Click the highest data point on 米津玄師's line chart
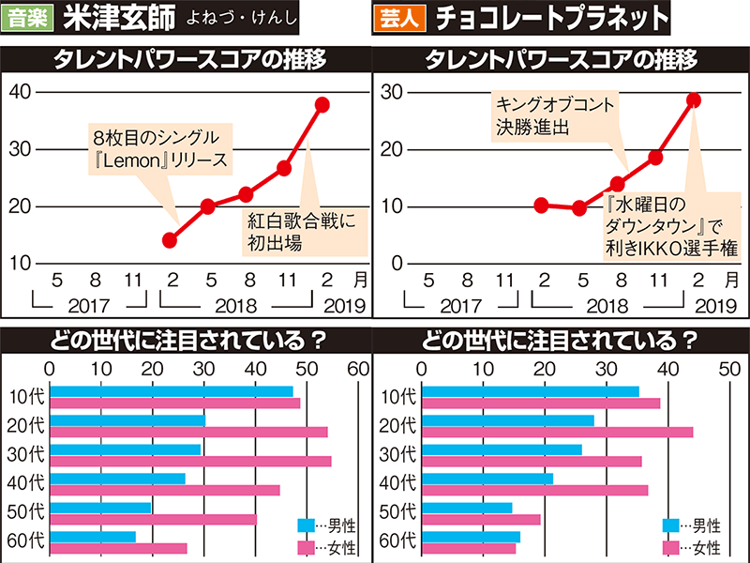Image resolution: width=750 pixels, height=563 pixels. coord(322,104)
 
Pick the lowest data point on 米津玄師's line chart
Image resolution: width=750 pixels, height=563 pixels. coord(170,240)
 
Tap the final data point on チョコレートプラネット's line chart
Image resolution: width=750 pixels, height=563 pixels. coord(694,99)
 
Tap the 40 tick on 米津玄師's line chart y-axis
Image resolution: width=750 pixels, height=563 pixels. coord(20,91)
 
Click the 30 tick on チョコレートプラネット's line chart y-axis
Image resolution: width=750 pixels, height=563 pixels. coord(391,91)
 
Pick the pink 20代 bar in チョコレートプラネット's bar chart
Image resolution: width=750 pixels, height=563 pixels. coord(557,432)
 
